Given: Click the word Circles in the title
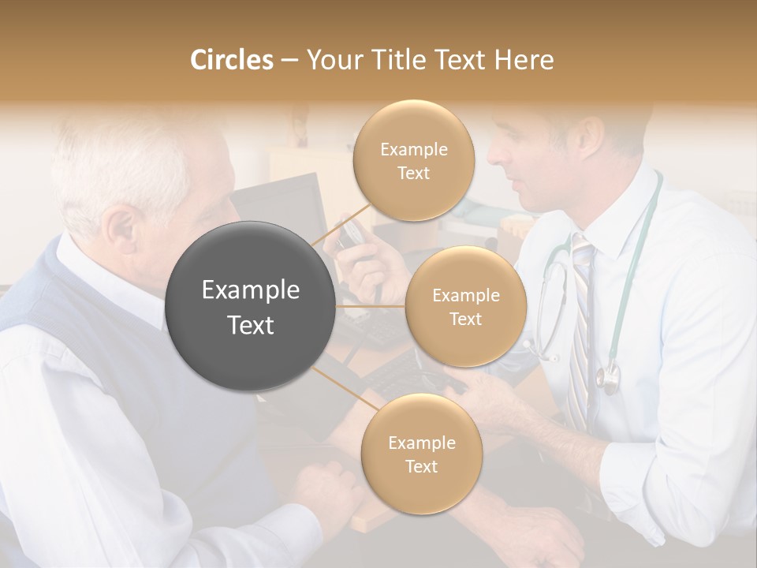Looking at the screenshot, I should point(231,60).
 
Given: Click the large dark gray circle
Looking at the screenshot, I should point(250,306).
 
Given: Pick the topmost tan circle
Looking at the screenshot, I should point(414,160).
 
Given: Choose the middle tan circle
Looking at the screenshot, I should point(466,306).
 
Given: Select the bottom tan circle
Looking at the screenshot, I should point(422,454).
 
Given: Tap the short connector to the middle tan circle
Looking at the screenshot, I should point(371,306).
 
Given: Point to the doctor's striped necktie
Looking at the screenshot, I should point(581,331).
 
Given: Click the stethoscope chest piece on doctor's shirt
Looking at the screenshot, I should point(608,379).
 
